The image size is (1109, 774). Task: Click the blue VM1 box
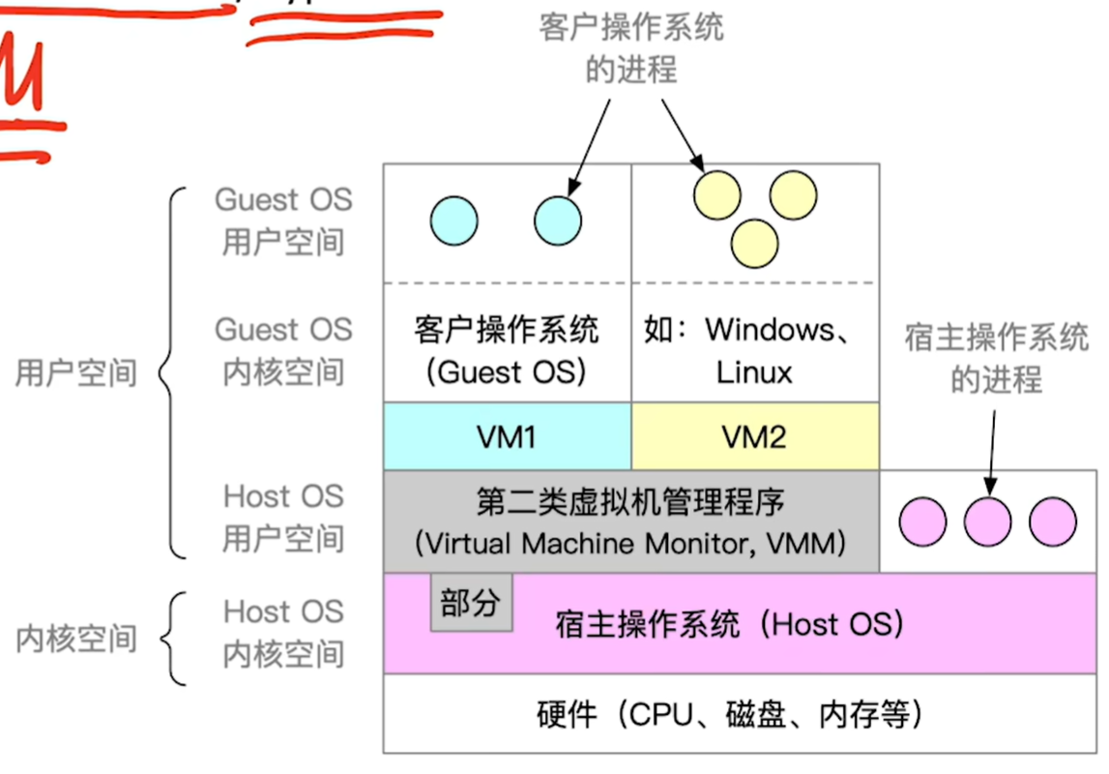click(507, 436)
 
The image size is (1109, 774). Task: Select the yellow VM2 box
click(754, 436)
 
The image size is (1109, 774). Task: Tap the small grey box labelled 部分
click(471, 604)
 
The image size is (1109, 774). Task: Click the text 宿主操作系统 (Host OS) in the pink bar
click(729, 624)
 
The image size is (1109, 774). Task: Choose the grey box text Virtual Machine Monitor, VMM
click(630, 543)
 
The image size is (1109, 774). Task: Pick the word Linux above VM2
click(754, 372)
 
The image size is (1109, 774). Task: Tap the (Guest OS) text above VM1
click(507, 372)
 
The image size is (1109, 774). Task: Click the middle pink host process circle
click(987, 522)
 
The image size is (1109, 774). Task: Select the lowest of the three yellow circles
click(754, 243)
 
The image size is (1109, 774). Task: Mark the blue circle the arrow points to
click(558, 221)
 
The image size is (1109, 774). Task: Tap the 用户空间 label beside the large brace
click(76, 372)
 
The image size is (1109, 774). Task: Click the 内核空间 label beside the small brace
click(76, 640)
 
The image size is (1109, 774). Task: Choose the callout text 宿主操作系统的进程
click(997, 357)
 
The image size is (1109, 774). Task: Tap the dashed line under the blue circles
click(507, 283)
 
